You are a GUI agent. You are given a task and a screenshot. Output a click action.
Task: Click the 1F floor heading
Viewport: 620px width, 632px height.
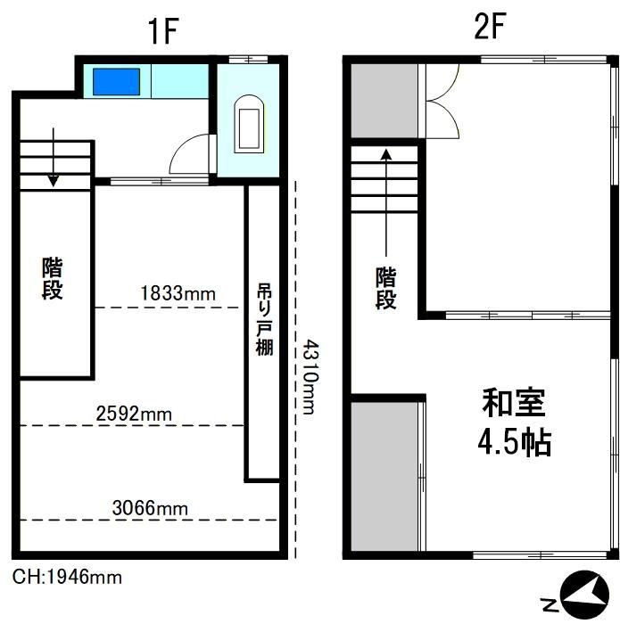pyautogui.click(x=163, y=31)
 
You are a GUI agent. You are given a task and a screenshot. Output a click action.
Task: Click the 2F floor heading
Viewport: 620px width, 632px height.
pyautogui.click(x=489, y=27)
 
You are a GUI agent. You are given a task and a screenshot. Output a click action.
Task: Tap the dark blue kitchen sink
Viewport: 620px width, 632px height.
pyautogui.click(x=117, y=82)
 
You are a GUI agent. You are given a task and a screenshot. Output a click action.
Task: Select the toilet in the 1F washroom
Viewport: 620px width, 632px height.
pyautogui.click(x=249, y=124)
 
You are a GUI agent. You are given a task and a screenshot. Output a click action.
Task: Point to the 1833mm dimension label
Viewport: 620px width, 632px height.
pyautogui.click(x=178, y=293)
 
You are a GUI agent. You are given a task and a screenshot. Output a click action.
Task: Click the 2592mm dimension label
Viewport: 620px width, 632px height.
pyautogui.click(x=134, y=414)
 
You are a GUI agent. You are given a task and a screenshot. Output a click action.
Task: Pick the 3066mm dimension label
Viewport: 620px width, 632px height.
pyautogui.click(x=150, y=508)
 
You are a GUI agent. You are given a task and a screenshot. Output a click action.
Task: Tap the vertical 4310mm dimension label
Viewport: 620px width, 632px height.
pyautogui.click(x=310, y=377)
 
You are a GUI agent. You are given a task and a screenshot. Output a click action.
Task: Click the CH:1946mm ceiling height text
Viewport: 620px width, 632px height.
pyautogui.click(x=67, y=578)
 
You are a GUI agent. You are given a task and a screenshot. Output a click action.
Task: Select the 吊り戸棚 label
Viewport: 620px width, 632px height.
pyautogui.click(x=264, y=320)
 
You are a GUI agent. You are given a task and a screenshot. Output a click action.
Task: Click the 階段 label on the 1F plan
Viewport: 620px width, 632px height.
pyautogui.click(x=53, y=278)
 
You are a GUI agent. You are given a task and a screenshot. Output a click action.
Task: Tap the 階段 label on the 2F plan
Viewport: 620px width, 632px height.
pyautogui.click(x=386, y=288)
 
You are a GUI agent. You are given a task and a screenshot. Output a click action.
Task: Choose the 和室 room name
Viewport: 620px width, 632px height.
pyautogui.click(x=514, y=402)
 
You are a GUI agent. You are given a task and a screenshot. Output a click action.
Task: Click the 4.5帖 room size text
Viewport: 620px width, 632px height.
pyautogui.click(x=515, y=441)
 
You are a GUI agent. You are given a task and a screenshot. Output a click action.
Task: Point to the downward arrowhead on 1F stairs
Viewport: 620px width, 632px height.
pyautogui.click(x=54, y=181)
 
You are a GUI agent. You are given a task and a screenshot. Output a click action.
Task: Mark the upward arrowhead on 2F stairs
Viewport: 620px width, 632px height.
pyautogui.click(x=386, y=155)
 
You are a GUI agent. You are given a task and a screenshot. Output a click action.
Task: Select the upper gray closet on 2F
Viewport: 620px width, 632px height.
pyautogui.click(x=384, y=101)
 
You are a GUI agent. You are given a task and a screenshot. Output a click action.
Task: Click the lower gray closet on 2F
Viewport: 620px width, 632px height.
pyautogui.click(x=384, y=476)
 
